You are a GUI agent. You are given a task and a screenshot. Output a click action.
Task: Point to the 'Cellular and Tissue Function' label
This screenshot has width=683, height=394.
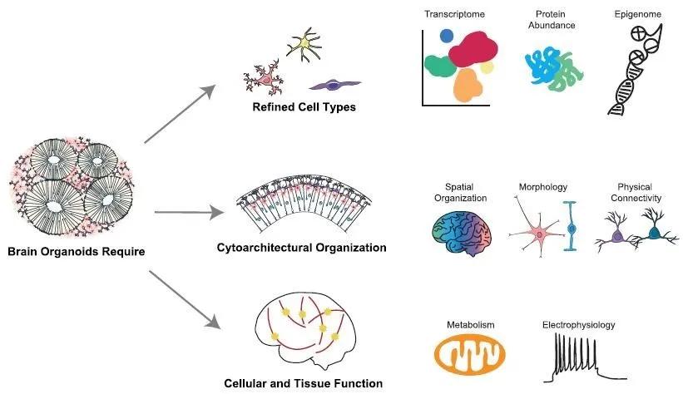pos(303,383)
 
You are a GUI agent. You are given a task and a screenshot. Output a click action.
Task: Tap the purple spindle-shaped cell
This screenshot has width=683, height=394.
pos(334,84)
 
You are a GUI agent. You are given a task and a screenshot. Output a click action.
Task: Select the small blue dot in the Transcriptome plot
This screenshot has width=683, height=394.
pos(447,36)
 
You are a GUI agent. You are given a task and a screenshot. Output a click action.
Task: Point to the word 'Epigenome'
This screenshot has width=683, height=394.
pos(632,15)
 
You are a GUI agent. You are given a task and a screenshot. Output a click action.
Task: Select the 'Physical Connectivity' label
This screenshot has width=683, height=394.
pos(639,192)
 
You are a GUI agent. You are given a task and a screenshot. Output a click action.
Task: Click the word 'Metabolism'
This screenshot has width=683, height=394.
pos(469,324)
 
